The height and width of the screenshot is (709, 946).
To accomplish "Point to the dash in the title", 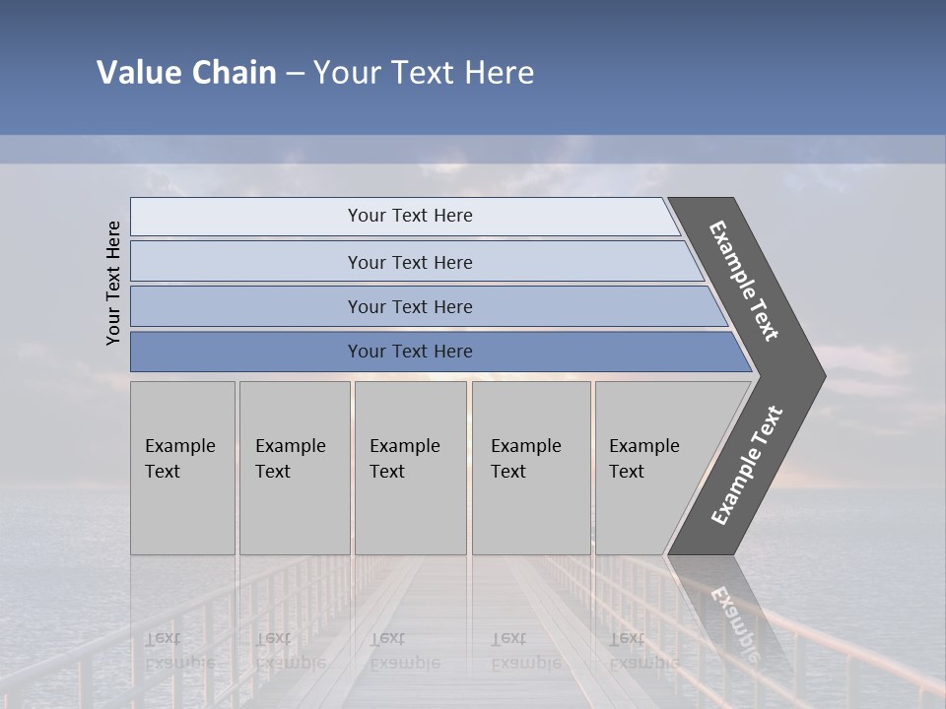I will tap(295, 74).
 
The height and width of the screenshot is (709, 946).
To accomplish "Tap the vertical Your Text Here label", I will tap(113, 283).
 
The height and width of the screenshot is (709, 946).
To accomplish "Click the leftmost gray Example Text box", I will tap(182, 468).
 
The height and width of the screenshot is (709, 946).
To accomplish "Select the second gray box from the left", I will tap(295, 468).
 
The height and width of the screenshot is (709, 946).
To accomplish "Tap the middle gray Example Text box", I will tap(410, 468).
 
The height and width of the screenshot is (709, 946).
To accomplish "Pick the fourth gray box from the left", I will tap(531, 468).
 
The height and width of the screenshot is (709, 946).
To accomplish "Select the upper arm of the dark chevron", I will tap(745, 281).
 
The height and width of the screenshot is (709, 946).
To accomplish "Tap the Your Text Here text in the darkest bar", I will tap(410, 352).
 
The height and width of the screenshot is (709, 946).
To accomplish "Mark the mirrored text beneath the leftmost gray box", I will tap(177, 651).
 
